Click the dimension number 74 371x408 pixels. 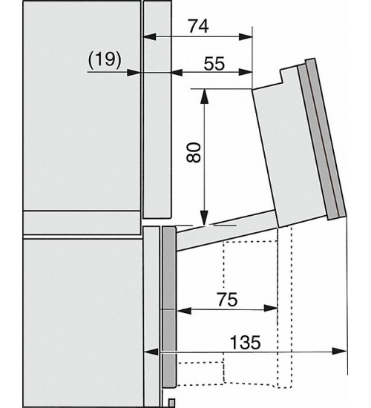[199, 26]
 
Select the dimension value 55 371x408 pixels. [214, 64]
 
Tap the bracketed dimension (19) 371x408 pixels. [105, 59]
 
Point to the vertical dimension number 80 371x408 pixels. [194, 153]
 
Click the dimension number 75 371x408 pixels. [228, 300]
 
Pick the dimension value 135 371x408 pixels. [246, 342]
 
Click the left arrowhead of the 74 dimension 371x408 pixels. [149, 36]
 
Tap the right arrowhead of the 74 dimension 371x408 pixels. [246, 36]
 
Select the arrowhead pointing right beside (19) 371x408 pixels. [134, 73]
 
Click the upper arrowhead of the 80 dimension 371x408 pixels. [205, 96]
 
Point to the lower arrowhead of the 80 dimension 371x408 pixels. [205, 218]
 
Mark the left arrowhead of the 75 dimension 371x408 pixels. [184, 310]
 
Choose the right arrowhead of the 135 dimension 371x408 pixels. [340, 352]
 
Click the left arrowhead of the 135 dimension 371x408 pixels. [151, 352]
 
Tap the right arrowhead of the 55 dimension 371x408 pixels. [246, 73]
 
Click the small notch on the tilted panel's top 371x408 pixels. [282, 76]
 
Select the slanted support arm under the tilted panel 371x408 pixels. [226, 231]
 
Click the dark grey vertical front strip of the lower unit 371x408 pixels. [169, 306]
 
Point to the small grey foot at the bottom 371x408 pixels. [171, 403]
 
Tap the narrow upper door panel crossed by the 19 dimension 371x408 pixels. [157, 109]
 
